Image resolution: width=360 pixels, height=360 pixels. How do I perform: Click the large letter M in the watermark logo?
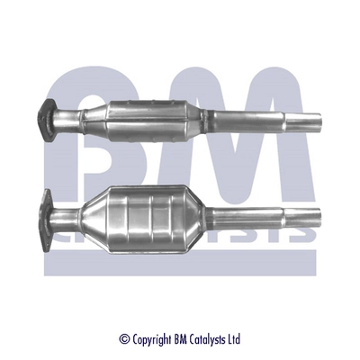[243, 153]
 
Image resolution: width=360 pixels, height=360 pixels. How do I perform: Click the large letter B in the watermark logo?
[99, 153]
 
